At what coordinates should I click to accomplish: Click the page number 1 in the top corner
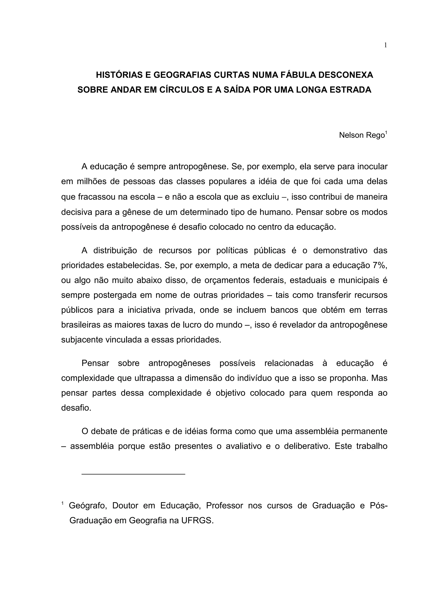tap(385, 45)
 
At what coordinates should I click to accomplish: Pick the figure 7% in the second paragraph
tap(380, 265)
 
